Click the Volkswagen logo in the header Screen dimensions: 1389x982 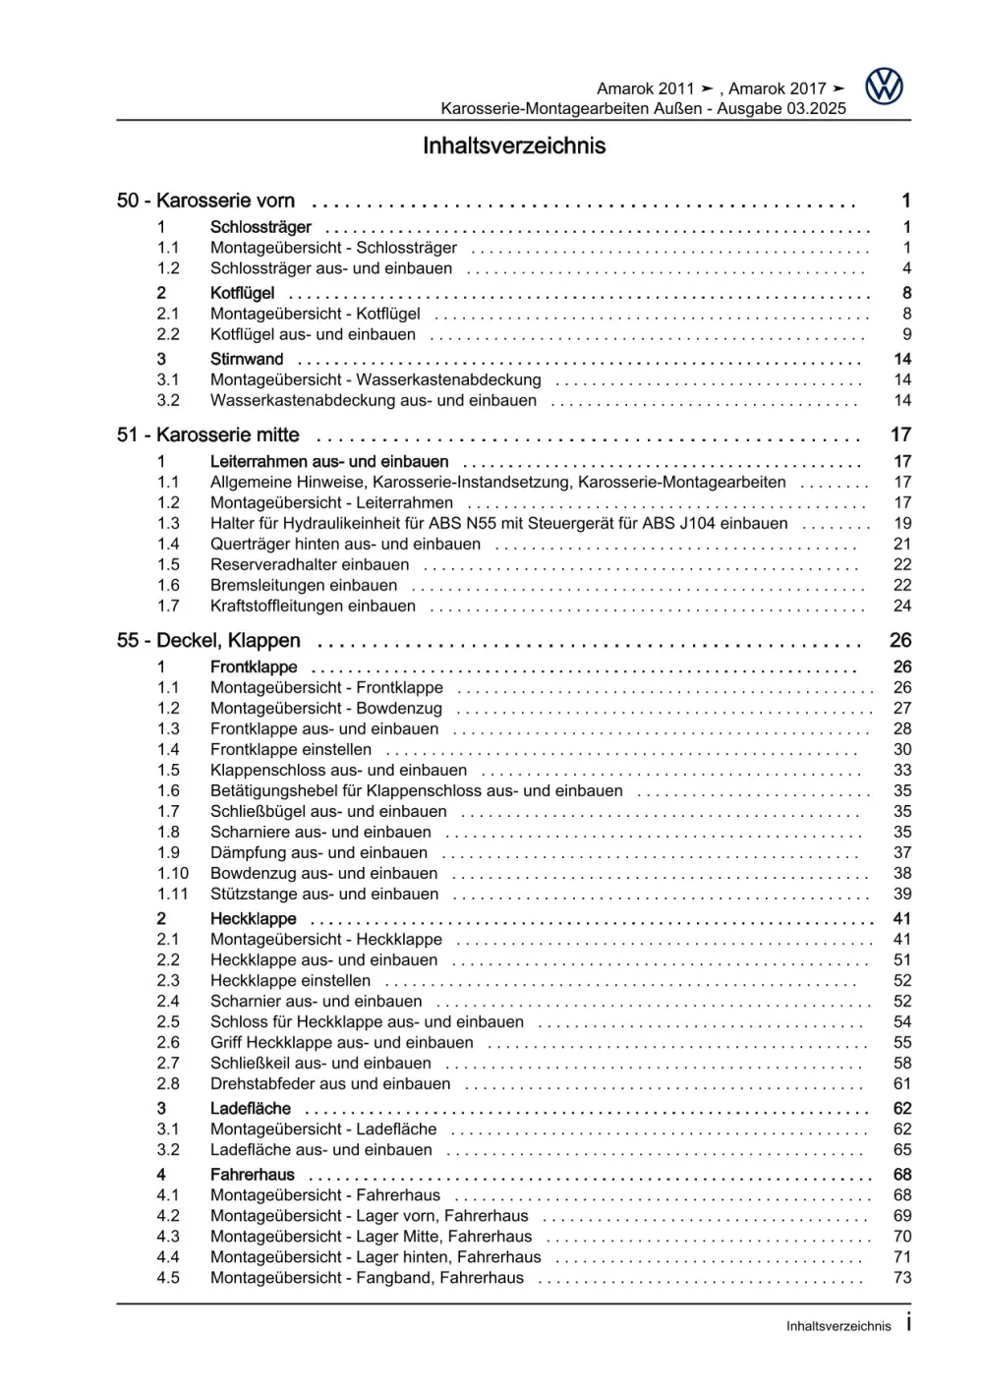click(x=884, y=87)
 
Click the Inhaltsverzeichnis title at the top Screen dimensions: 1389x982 click(x=514, y=146)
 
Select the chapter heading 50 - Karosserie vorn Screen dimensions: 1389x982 click(x=205, y=201)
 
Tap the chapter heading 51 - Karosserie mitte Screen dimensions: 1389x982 click(x=207, y=434)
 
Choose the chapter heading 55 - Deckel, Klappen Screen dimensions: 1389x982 click(x=208, y=640)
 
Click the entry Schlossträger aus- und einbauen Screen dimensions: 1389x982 click(x=331, y=268)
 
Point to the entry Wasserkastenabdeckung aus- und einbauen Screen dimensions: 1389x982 click(x=374, y=400)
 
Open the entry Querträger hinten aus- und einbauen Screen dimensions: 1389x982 click(x=345, y=544)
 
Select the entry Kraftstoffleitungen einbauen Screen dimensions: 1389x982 click(x=313, y=606)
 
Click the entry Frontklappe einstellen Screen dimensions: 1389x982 click(x=291, y=749)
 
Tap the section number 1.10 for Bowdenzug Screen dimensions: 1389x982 click(x=173, y=873)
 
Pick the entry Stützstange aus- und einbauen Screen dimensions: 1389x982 click(x=324, y=894)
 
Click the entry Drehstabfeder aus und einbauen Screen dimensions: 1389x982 click(x=330, y=1083)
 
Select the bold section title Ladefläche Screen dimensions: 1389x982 click(x=251, y=1108)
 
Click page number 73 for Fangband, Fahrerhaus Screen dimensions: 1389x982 click(x=902, y=1277)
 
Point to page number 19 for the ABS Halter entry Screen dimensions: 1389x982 click(x=902, y=523)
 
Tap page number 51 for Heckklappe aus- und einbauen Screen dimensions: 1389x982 click(x=902, y=959)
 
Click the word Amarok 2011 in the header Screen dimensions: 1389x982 click(x=646, y=88)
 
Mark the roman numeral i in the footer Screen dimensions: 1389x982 click(x=908, y=1323)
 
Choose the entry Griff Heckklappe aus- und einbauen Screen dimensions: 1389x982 click(x=342, y=1042)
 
